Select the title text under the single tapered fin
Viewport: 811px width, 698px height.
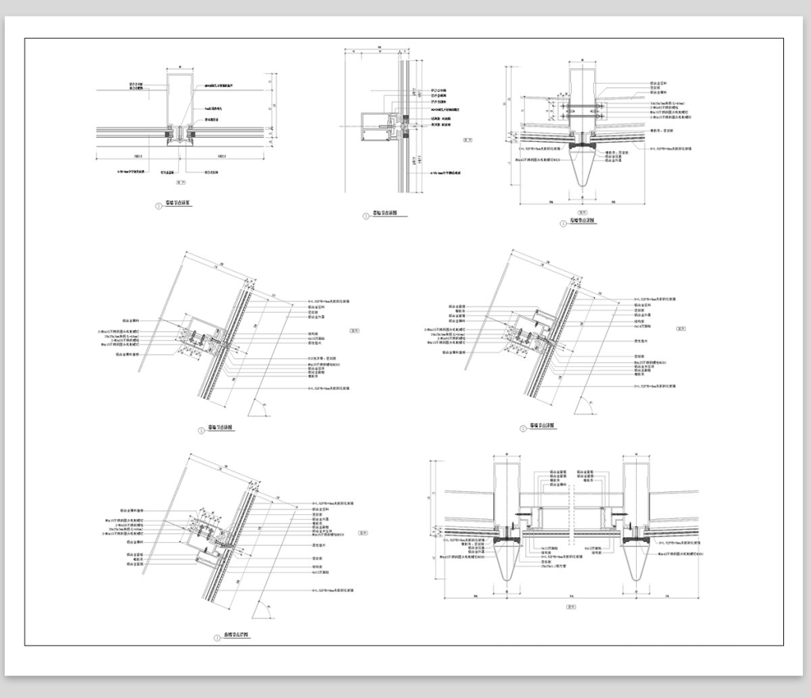584,220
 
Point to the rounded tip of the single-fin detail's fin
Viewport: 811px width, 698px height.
584,187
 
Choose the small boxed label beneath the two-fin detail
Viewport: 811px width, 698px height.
570,606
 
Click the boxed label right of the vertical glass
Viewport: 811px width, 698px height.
466,139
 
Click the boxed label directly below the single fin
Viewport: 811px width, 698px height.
584,211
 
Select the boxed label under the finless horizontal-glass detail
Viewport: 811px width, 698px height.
181,181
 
